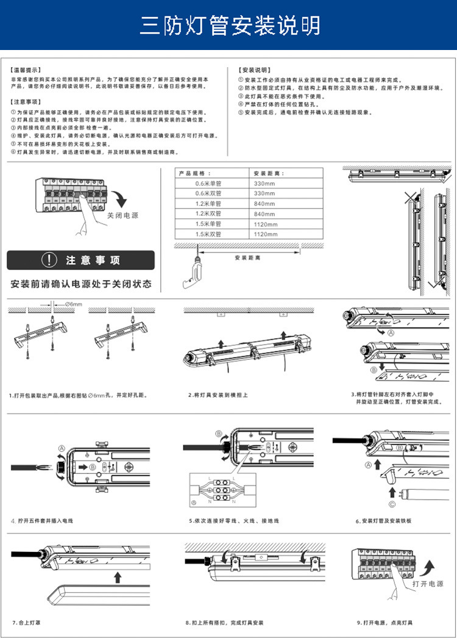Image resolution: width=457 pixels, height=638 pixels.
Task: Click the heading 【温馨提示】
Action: point(26,70)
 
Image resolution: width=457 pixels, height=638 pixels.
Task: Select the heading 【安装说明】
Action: point(254,70)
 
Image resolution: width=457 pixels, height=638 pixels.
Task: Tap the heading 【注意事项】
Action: point(26,102)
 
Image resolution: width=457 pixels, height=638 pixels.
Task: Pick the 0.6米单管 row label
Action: point(208,183)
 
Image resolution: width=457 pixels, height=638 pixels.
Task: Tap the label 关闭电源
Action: point(123,215)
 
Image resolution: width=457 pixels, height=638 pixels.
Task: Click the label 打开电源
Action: point(428,584)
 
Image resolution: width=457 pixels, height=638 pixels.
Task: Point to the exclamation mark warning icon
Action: point(49,260)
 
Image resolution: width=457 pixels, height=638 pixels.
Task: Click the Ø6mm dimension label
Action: point(73,304)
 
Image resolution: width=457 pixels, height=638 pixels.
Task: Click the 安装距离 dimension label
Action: point(247,258)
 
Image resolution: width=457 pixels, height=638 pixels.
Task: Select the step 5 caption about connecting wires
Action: point(233,521)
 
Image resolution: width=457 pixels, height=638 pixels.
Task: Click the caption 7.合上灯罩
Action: point(29,622)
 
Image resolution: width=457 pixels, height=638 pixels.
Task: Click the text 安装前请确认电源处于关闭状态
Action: point(81,284)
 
